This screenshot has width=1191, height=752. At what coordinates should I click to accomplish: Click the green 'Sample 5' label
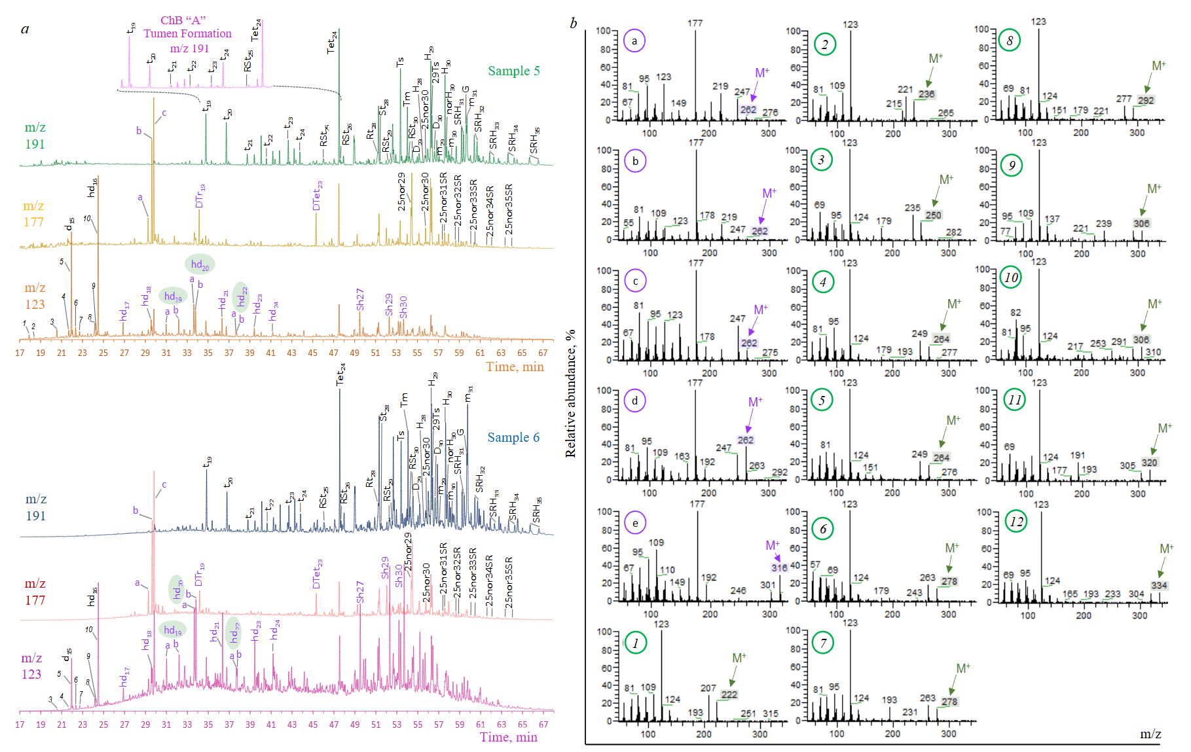pyautogui.click(x=513, y=71)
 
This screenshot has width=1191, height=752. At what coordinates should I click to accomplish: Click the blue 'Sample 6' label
pyautogui.click(x=513, y=437)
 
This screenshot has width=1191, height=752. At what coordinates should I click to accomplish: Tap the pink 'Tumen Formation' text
pyautogui.click(x=187, y=33)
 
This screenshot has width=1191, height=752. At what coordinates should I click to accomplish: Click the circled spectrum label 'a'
pyautogui.click(x=634, y=41)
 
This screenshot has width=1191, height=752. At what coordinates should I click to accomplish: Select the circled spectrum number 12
pyautogui.click(x=1016, y=522)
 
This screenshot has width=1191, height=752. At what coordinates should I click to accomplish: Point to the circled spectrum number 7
pyautogui.click(x=823, y=643)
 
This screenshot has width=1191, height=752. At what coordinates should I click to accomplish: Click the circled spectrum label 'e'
pyautogui.click(x=634, y=522)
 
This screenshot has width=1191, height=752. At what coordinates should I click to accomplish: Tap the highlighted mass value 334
pyautogui.click(x=1159, y=585)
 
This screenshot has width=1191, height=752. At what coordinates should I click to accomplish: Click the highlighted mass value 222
pyautogui.click(x=729, y=694)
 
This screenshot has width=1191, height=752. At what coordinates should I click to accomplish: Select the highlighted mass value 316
pyautogui.click(x=779, y=567)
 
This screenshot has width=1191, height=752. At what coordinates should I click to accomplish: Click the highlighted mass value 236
pyautogui.click(x=926, y=94)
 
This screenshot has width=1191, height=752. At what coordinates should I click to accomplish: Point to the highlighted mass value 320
pyautogui.click(x=1149, y=462)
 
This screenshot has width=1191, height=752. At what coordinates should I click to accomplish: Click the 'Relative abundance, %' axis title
pyautogui.click(x=570, y=393)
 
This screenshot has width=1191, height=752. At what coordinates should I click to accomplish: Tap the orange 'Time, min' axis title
pyautogui.click(x=515, y=367)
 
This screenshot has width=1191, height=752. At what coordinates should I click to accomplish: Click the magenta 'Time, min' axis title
pyautogui.click(x=508, y=737)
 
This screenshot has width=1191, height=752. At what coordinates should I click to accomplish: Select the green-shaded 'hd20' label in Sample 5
pyautogui.click(x=200, y=264)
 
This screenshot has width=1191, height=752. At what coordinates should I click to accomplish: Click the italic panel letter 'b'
pyautogui.click(x=573, y=24)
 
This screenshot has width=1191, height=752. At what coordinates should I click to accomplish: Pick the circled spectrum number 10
pyautogui.click(x=1012, y=278)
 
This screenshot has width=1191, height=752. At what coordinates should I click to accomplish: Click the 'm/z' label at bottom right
pyautogui.click(x=1150, y=734)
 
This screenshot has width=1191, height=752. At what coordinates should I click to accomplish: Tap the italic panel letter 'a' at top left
pyautogui.click(x=25, y=28)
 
